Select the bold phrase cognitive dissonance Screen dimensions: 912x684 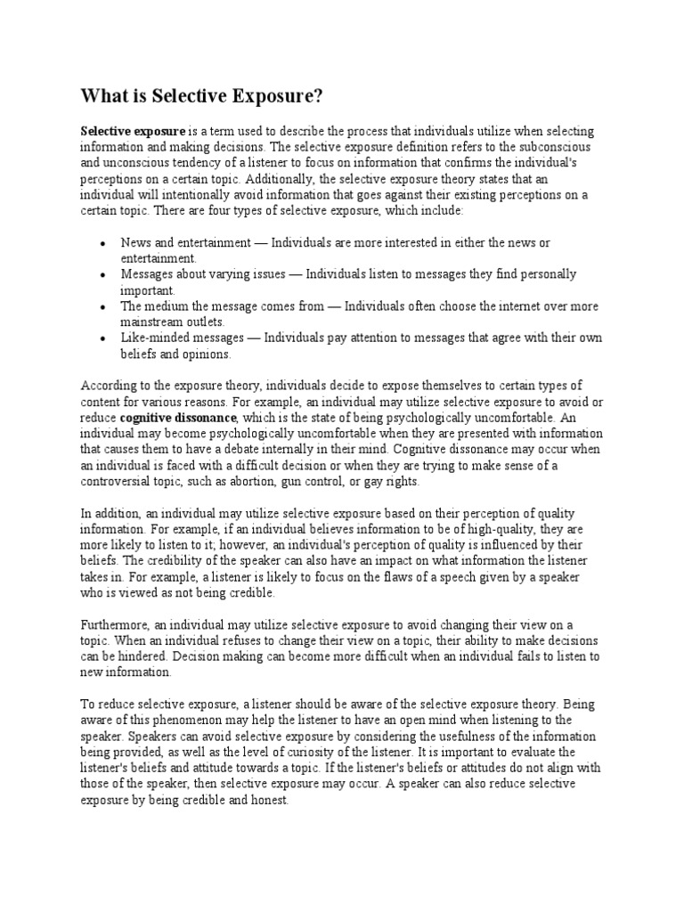pyautogui.click(x=178, y=417)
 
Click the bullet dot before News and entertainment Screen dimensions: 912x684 pyautogui.click(x=103, y=242)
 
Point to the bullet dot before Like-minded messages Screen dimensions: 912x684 pyautogui.click(x=103, y=338)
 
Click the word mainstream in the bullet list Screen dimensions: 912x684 pyautogui.click(x=151, y=322)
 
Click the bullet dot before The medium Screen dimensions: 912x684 pyautogui.click(x=103, y=306)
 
